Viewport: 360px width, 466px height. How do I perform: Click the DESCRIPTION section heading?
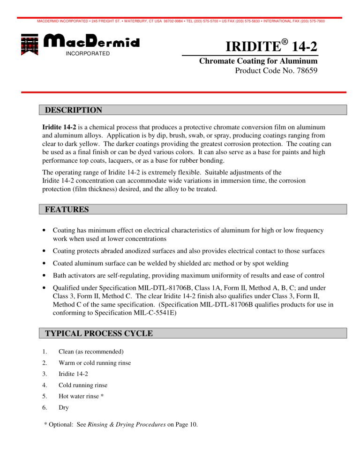(x=72, y=111)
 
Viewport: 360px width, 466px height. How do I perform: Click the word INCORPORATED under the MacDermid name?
(x=87, y=53)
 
